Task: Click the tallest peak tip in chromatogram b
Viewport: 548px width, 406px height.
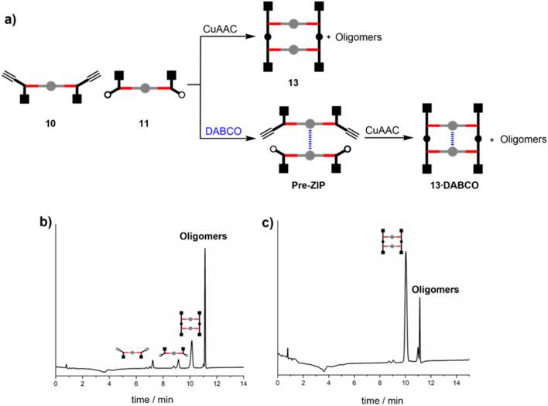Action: (x=205, y=249)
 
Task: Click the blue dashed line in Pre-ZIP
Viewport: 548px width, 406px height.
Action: (x=310, y=141)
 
